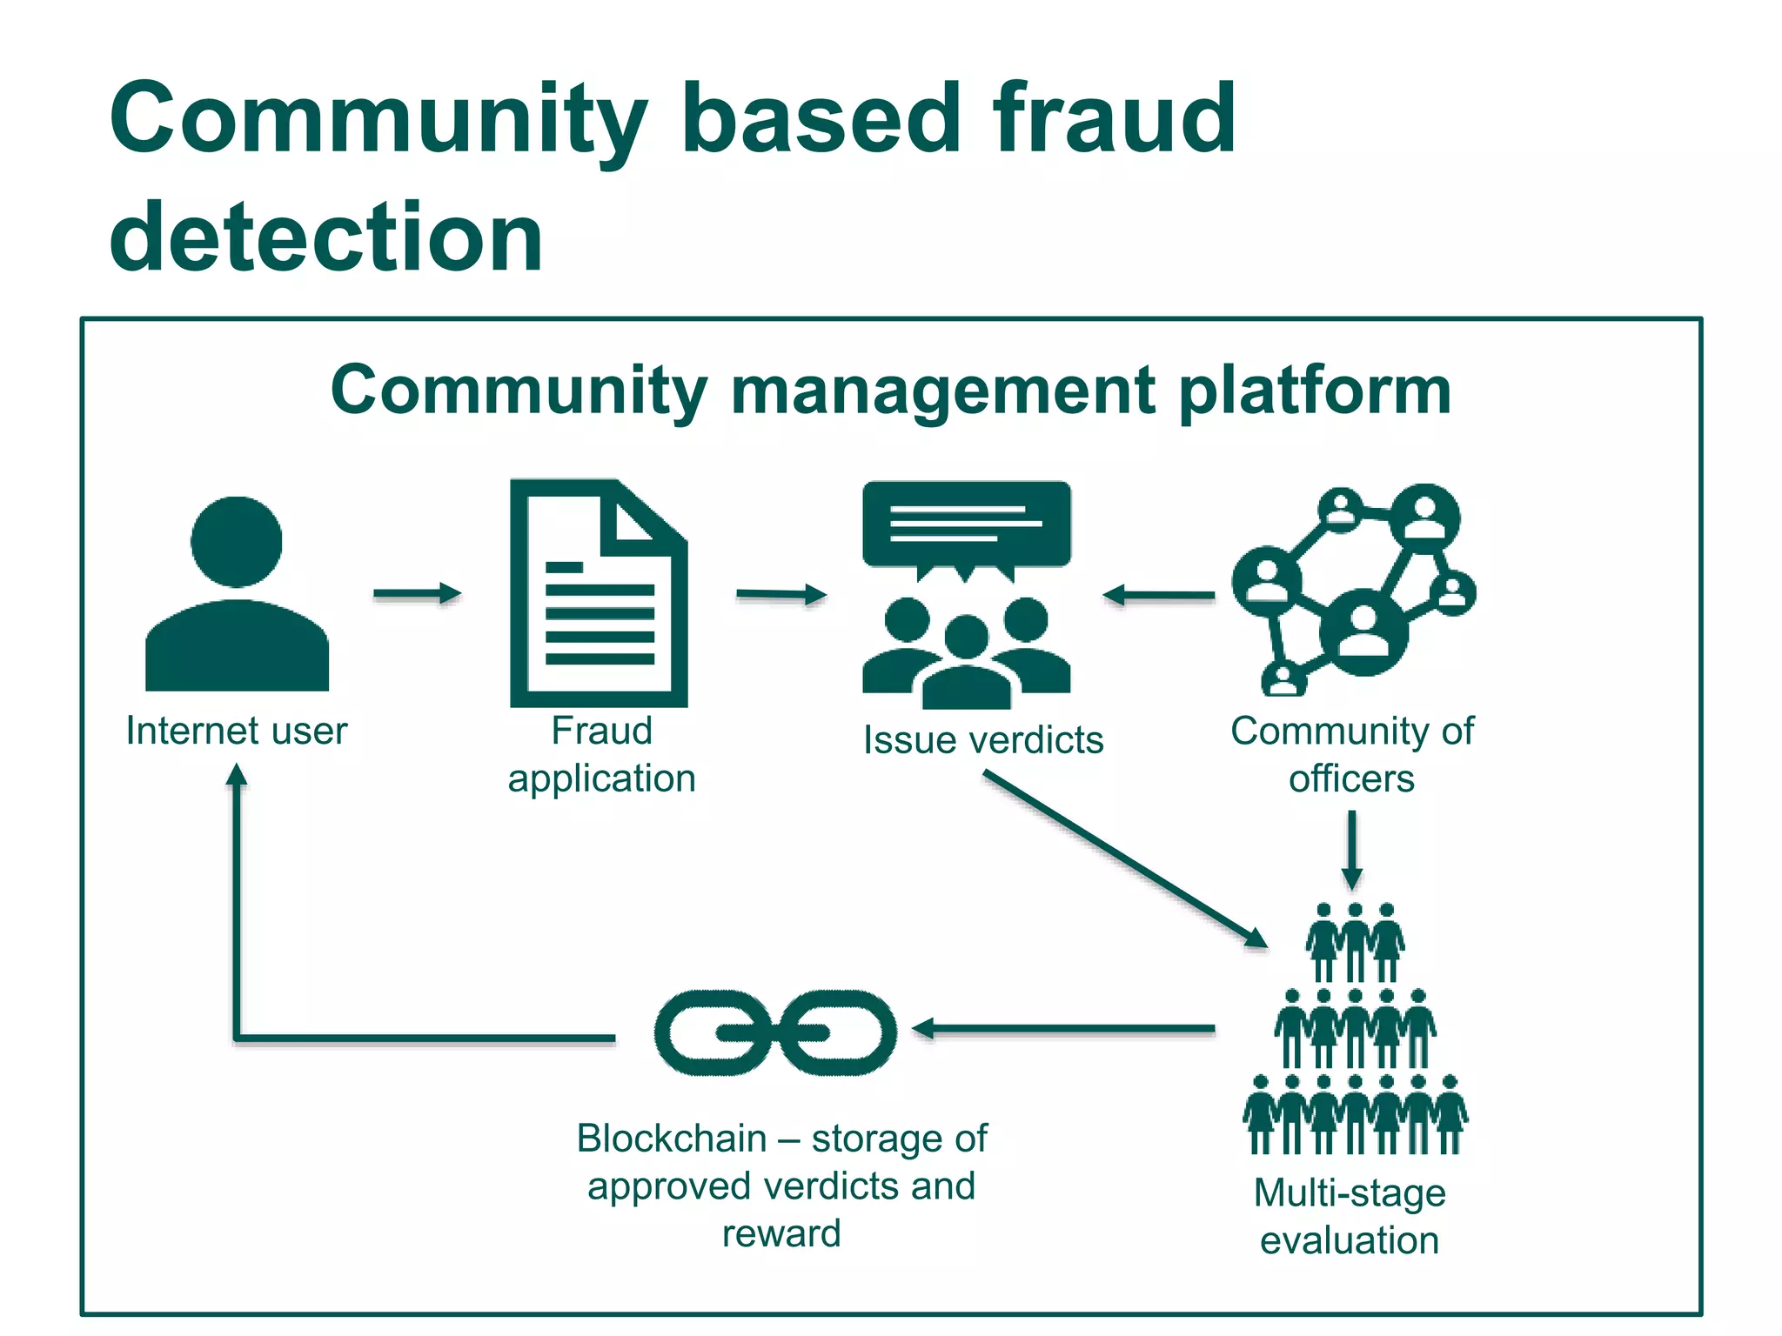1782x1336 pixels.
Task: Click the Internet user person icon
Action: [237, 596]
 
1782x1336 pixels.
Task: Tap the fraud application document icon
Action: [599, 593]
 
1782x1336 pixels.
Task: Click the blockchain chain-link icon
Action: [774, 1032]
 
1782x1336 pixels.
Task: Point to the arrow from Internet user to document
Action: [417, 594]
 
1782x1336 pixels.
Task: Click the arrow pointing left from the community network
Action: [1158, 596]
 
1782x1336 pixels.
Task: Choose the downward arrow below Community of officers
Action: [1352, 850]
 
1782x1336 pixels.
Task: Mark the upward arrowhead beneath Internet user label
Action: [237, 774]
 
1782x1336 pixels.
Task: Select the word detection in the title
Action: [326, 237]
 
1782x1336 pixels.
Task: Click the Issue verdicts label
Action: [982, 740]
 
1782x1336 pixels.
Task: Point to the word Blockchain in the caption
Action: [672, 1139]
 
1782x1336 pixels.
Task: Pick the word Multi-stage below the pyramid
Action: [1350, 1192]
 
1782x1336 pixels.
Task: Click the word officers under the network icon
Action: [1351, 778]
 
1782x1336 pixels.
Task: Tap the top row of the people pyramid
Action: [1355, 943]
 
